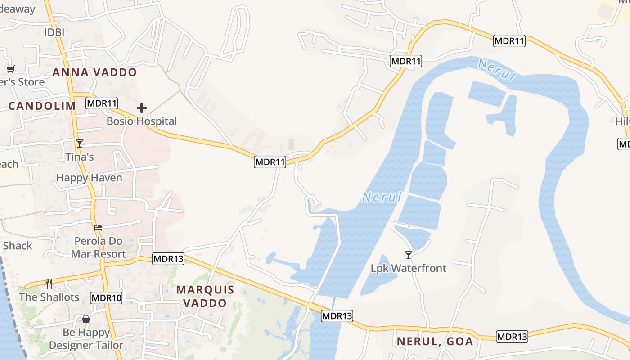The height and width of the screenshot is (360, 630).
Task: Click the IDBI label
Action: click(x=54, y=32)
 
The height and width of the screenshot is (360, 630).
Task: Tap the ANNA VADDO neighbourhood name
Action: click(x=94, y=72)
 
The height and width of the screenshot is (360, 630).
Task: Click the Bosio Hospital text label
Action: click(x=142, y=121)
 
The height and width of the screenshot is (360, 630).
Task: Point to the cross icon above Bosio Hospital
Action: click(x=142, y=108)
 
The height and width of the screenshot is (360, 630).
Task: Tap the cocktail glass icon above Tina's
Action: click(x=80, y=144)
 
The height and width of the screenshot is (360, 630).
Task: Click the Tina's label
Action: click(x=80, y=157)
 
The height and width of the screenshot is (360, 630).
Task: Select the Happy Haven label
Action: click(x=89, y=178)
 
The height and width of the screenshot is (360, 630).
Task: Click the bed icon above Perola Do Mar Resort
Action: click(x=98, y=228)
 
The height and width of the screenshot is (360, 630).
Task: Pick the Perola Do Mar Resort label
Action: click(x=99, y=247)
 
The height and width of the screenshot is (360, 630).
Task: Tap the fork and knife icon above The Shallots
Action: click(x=49, y=283)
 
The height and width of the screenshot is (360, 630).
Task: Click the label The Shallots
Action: click(x=49, y=297)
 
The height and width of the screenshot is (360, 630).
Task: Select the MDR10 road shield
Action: click(x=106, y=297)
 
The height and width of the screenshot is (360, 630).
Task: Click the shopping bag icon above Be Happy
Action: click(x=86, y=319)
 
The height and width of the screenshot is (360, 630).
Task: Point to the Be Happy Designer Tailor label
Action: click(x=86, y=339)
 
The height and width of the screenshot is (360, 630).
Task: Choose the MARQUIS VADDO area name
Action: click(x=205, y=296)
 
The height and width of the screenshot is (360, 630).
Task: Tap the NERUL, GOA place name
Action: click(x=435, y=341)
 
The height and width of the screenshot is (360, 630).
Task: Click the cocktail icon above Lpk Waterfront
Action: click(x=409, y=255)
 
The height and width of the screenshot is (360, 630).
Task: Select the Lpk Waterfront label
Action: click(x=409, y=268)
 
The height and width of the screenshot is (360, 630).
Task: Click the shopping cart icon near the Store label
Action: click(x=10, y=69)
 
